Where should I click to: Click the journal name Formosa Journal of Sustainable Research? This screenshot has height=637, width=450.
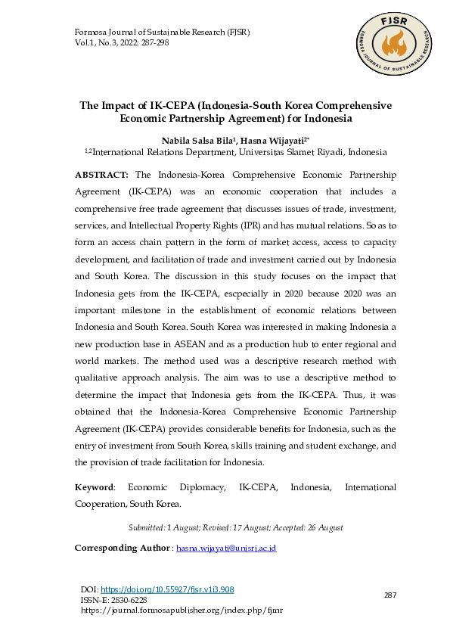[162, 33]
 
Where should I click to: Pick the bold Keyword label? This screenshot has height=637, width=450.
[95, 488]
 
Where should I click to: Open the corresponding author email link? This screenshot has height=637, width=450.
[226, 547]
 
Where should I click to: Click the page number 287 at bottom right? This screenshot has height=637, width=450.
[390, 596]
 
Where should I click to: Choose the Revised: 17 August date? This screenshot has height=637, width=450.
[233, 527]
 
